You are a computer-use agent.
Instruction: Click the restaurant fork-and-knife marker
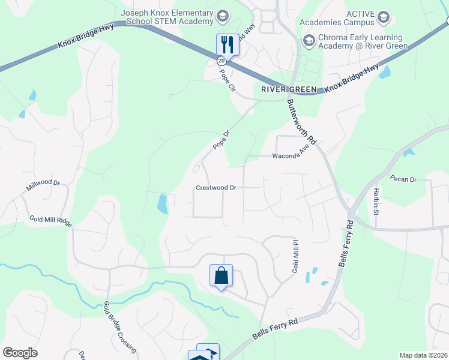coord(228,44)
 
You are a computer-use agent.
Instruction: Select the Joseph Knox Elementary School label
coord(167,17)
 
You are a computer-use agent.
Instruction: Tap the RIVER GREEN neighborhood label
coord(289,89)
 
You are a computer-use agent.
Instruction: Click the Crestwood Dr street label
coord(216,188)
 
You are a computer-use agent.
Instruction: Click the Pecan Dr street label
coord(403,179)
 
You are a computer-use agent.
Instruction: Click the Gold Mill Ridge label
coord(50,221)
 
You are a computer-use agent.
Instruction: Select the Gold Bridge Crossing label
coord(120,326)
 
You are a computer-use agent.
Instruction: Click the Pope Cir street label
coord(226,79)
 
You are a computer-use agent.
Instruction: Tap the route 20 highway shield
coord(221,61)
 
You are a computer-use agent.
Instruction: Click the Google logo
coord(20,353)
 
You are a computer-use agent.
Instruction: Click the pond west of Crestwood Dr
coord(162,205)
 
